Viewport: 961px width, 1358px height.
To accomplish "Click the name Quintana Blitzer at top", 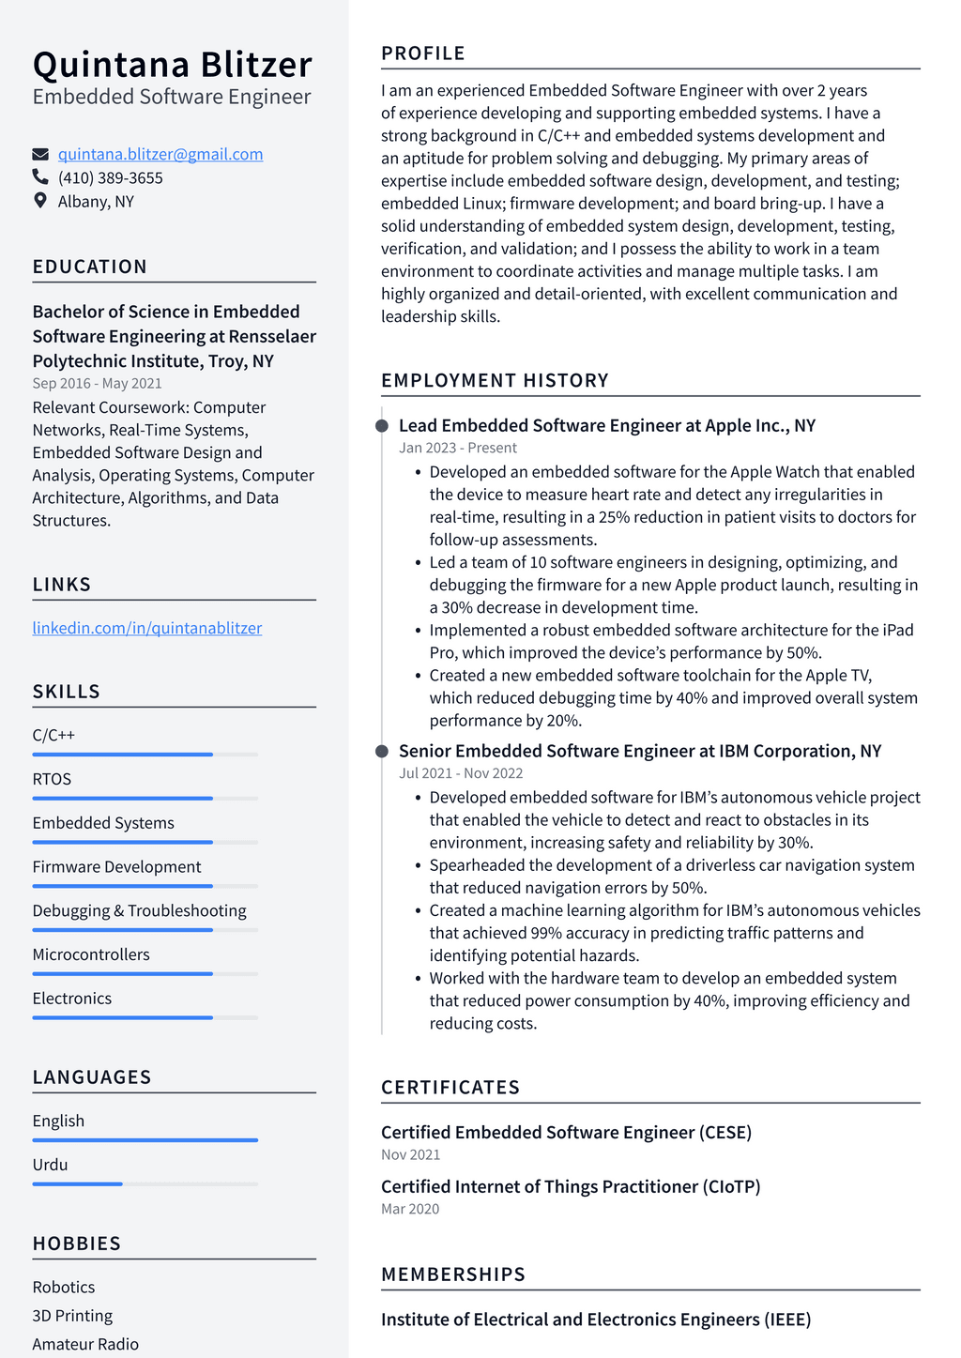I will (172, 65).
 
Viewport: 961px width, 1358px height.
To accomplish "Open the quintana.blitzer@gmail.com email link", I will (160, 154).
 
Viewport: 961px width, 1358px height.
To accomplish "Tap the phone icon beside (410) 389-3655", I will (40, 176).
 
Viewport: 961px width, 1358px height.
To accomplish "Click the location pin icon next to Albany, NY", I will (40, 200).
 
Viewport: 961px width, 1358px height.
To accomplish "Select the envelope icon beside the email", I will (40, 154).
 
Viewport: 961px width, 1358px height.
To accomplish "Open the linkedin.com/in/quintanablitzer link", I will (147, 628).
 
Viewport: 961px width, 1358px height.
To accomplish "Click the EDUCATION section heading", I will (90, 267).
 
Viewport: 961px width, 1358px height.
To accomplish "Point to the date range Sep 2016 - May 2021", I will (97, 383).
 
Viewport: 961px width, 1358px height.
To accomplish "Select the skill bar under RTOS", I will (145, 798).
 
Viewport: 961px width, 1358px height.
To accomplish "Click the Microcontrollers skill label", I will (91, 954).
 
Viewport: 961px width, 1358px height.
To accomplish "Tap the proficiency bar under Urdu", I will (145, 1183).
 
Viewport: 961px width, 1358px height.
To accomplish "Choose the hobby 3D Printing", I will (72, 1316).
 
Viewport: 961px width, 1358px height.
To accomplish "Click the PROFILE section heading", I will (423, 53).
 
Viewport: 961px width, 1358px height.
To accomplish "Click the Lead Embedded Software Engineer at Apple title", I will (607, 425).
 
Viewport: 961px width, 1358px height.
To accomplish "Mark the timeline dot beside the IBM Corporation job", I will (382, 751).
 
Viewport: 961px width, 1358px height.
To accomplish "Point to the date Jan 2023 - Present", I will (458, 448).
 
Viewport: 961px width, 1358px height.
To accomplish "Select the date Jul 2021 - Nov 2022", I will (461, 773).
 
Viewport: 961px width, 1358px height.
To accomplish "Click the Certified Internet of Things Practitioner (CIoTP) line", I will (571, 1186).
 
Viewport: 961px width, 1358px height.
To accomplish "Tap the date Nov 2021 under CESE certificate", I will (410, 1154).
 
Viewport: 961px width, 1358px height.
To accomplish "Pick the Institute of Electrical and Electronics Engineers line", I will (596, 1320).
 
